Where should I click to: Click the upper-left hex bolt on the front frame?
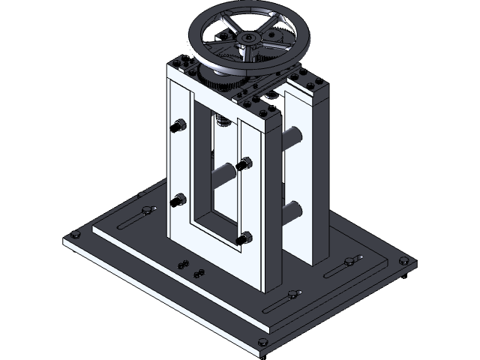pyautogui.click(x=179, y=126)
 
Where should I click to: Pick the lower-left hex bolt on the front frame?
pyautogui.click(x=179, y=200)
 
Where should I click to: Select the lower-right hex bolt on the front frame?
pyautogui.click(x=244, y=238)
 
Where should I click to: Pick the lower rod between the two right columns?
pyautogui.click(x=292, y=208)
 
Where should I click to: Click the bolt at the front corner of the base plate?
pyautogui.click(x=262, y=343)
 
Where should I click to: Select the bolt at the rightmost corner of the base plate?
pyautogui.click(x=405, y=260)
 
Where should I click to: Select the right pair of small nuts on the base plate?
pyautogui.click(x=198, y=272)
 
